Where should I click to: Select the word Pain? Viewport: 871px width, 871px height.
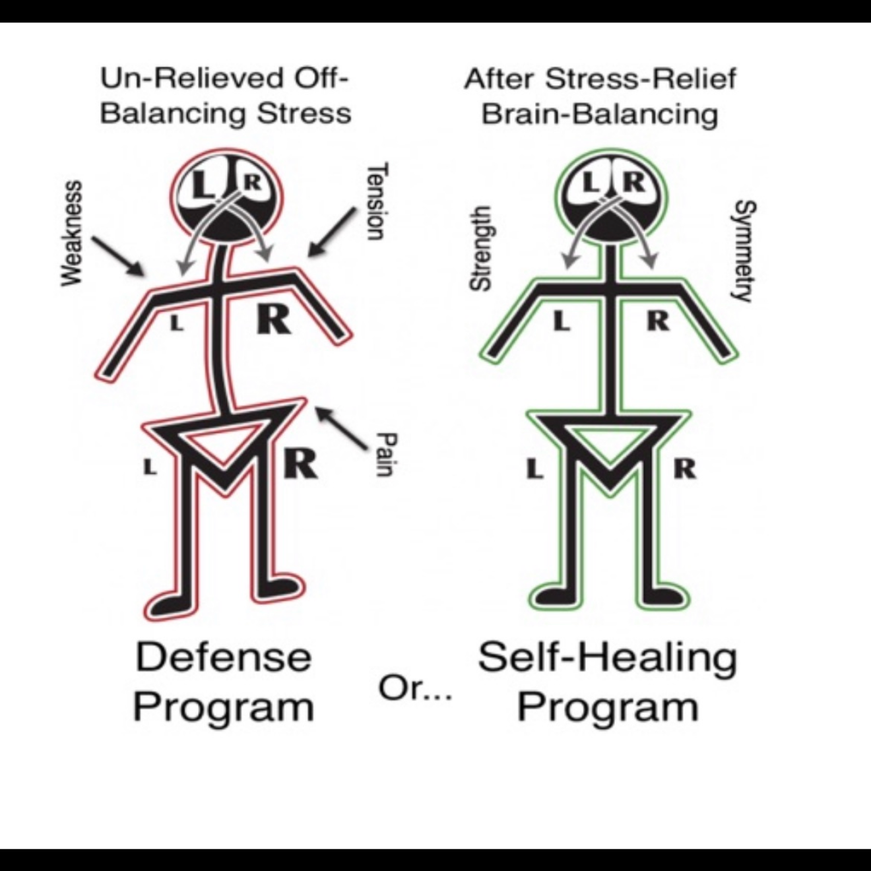[x=385, y=455]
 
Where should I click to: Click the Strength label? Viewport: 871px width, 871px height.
[x=480, y=248]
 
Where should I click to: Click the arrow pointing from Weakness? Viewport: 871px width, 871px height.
[x=118, y=256]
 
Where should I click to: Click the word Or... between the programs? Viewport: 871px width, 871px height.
[x=415, y=689]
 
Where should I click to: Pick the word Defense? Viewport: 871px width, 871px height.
[x=223, y=658]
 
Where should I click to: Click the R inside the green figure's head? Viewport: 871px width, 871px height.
[x=634, y=181]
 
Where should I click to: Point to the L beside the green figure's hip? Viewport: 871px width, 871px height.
[x=534, y=470]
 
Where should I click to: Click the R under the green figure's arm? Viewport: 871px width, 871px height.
[x=658, y=321]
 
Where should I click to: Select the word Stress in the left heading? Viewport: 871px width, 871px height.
[x=304, y=113]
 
